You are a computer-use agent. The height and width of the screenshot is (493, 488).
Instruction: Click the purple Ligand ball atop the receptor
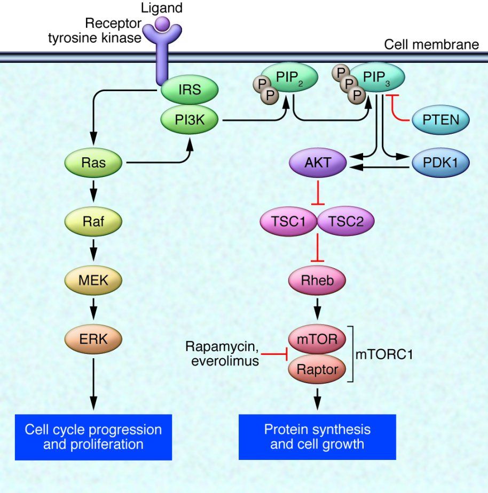[x=162, y=24]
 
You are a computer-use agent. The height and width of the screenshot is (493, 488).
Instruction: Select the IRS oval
[x=190, y=89]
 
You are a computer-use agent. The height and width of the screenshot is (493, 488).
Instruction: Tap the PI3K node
[x=190, y=121]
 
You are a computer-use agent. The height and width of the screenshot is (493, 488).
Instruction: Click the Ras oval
[x=93, y=163]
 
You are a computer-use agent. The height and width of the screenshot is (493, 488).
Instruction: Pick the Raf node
[x=93, y=221]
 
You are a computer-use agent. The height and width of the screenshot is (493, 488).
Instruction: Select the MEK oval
[x=93, y=279]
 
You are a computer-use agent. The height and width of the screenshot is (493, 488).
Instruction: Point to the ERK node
[x=93, y=337]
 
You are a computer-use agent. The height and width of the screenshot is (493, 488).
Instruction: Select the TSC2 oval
[x=345, y=221]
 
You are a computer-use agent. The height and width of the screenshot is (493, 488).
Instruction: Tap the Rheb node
[x=317, y=279]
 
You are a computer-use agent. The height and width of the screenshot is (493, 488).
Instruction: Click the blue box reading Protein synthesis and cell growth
[x=317, y=437]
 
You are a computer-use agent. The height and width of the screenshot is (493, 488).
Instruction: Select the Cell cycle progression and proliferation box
[x=93, y=437]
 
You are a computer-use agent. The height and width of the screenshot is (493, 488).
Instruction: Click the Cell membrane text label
[x=431, y=44]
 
